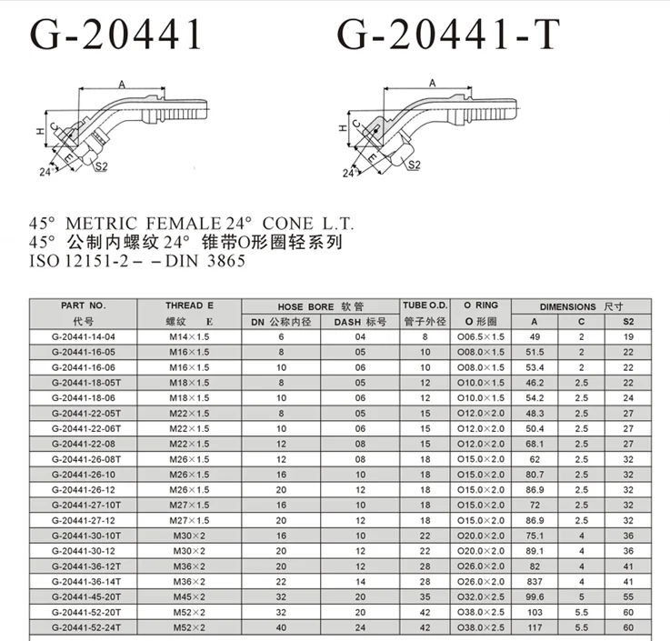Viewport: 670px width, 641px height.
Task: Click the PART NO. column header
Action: pyautogui.click(x=84, y=306)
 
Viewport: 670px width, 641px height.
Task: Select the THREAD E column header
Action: pyautogui.click(x=189, y=306)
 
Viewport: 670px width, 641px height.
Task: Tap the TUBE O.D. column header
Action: pyautogui.click(x=424, y=306)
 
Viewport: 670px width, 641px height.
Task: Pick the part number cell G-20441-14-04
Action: pyautogui.click(x=84, y=336)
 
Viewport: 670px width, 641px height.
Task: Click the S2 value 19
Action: pyautogui.click(x=627, y=336)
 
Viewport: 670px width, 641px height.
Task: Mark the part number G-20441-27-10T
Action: pyautogui.click(x=84, y=506)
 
